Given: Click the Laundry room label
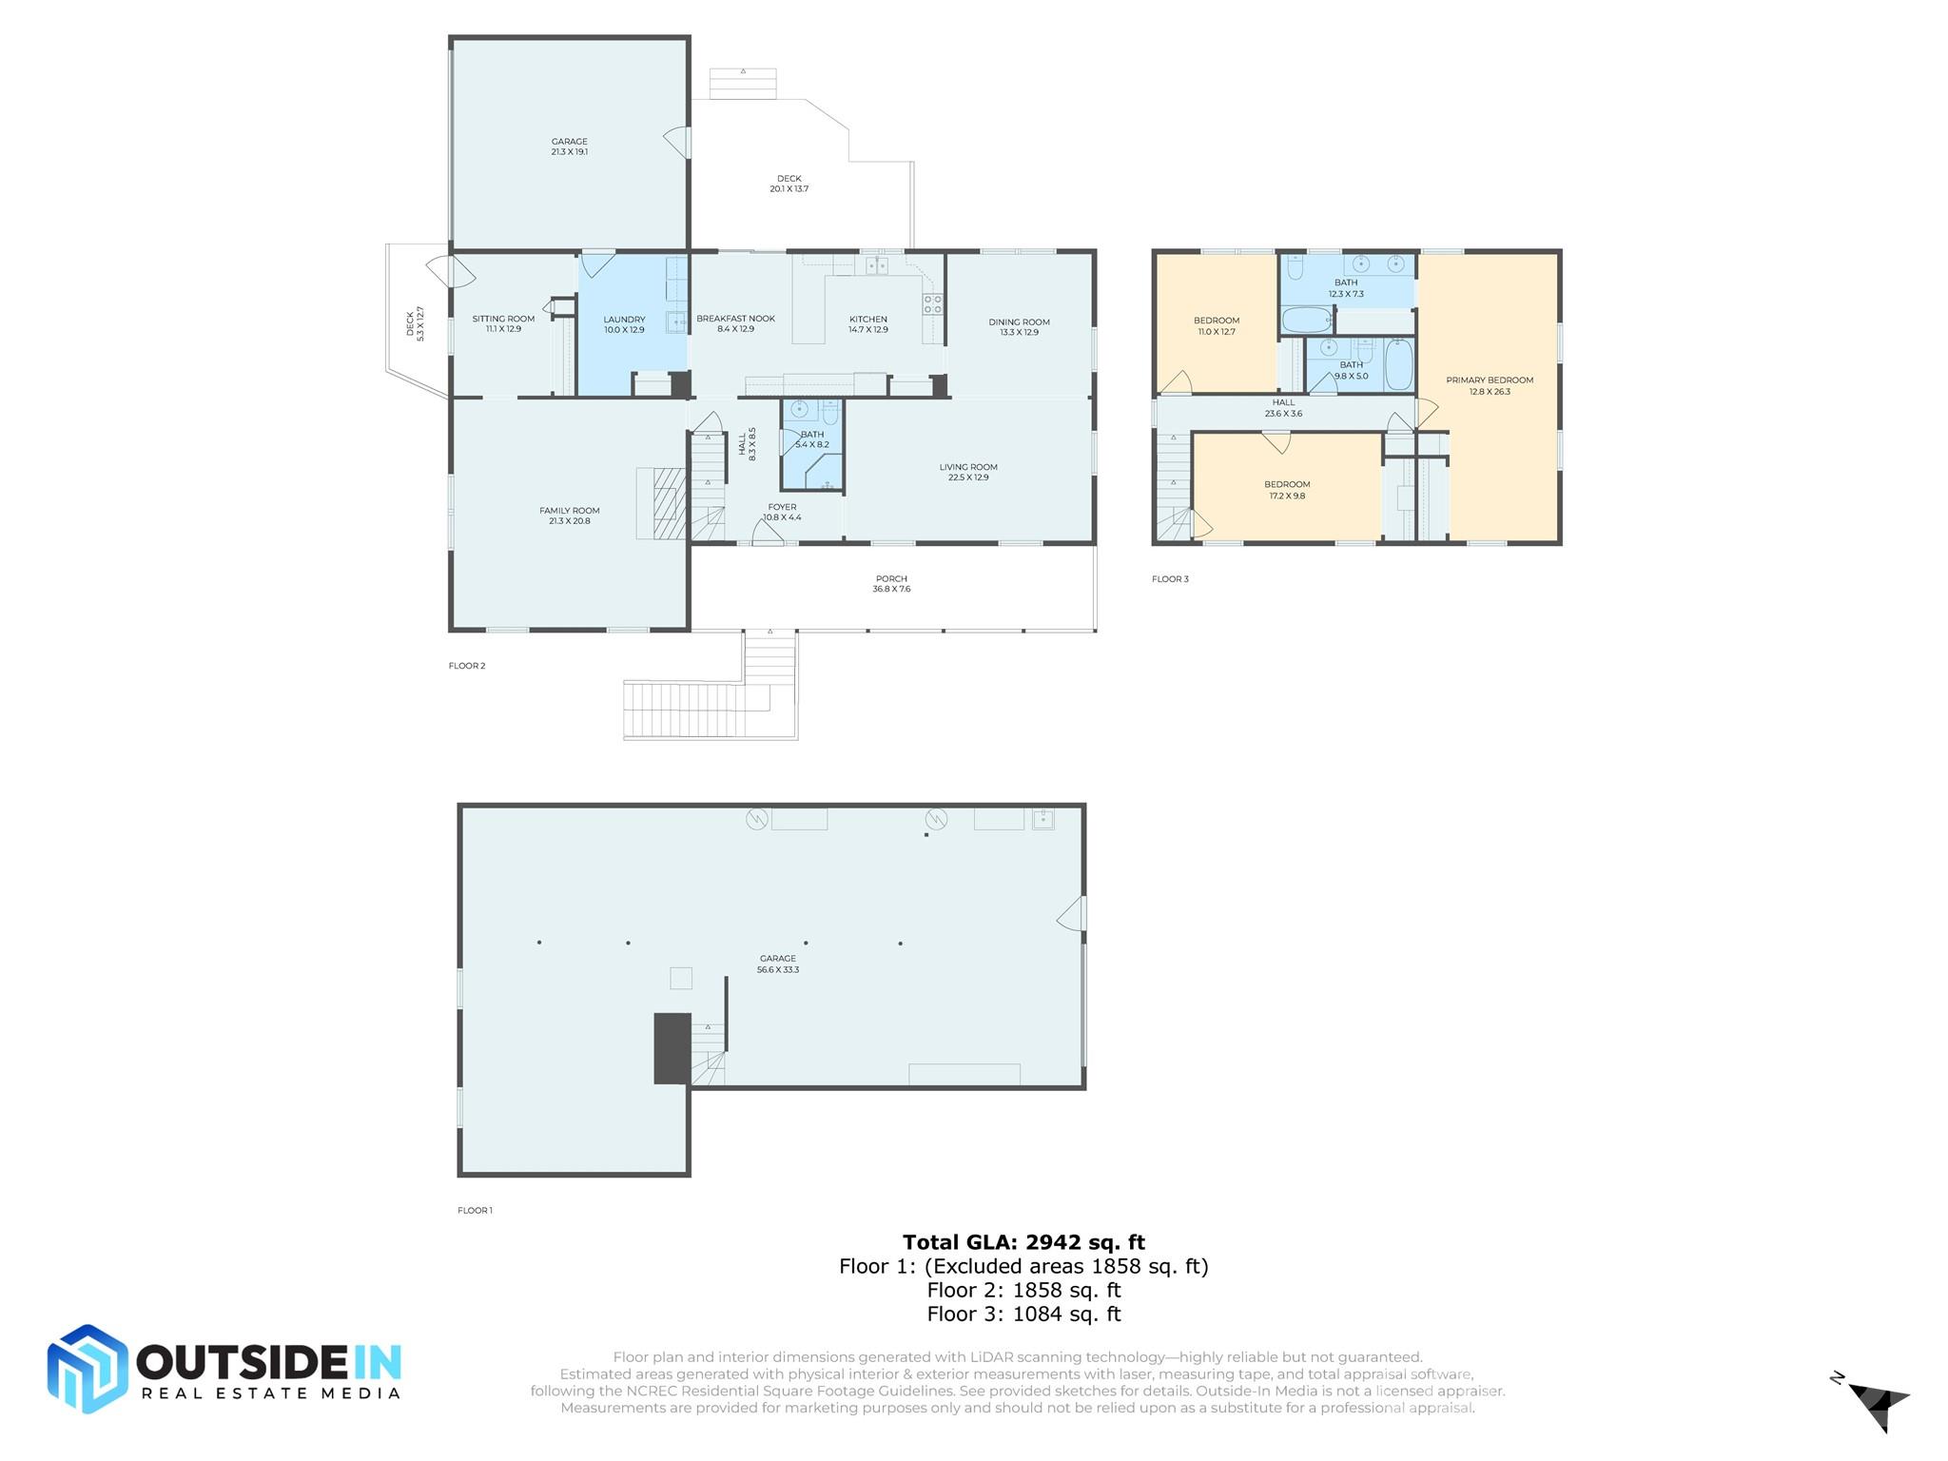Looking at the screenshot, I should [x=624, y=320].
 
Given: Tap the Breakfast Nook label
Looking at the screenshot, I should [x=735, y=319].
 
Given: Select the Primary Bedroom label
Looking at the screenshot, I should [x=1490, y=380].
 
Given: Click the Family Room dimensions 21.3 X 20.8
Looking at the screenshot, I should [x=569, y=521].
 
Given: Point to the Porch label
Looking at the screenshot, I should [x=891, y=578].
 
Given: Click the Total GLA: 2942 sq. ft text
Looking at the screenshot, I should [x=1023, y=1242].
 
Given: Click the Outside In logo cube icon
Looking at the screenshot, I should [x=88, y=1369].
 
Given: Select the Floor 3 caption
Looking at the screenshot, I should [x=1170, y=578].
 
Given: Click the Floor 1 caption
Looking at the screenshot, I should [x=475, y=1210].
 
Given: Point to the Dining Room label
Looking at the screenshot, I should [x=1019, y=321].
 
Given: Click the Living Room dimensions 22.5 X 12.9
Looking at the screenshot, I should [x=968, y=477].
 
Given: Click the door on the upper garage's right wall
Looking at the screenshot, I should [x=677, y=143].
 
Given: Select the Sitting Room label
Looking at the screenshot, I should [x=503, y=319].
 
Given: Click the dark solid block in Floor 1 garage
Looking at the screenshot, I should [x=672, y=1048].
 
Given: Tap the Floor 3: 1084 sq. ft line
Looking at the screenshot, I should [x=1023, y=1315].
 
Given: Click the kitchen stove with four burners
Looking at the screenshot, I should [x=932, y=304].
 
